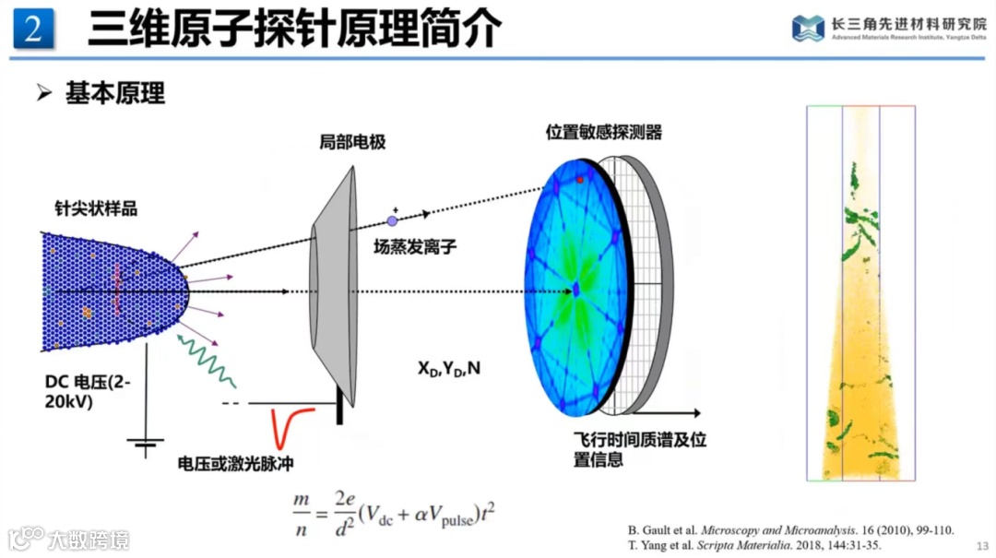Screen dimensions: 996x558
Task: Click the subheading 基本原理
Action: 114,93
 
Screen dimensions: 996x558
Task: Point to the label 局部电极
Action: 352,143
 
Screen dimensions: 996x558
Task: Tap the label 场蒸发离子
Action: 415,246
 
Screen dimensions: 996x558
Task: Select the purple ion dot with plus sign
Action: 392,220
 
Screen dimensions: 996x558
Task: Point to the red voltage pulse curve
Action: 294,427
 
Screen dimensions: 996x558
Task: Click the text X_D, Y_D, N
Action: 449,369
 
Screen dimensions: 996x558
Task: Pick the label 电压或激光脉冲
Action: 235,463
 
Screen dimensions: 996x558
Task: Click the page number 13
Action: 982,545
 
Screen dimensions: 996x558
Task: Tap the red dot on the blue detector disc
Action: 580,180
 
